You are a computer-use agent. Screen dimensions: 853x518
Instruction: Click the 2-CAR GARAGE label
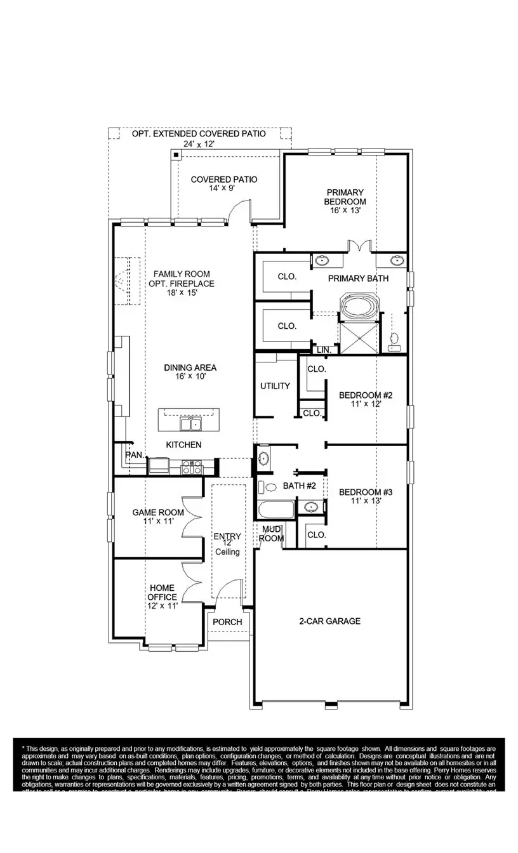click(x=329, y=621)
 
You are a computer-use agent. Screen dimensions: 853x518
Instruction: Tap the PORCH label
click(x=227, y=622)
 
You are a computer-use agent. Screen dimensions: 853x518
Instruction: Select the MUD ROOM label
click(x=271, y=534)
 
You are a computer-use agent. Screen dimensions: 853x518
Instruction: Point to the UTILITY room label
click(x=275, y=386)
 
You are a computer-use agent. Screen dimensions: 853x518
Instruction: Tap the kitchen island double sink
click(x=189, y=423)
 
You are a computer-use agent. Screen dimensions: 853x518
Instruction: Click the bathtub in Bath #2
click(x=276, y=510)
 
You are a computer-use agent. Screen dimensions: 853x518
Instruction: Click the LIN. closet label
click(x=324, y=350)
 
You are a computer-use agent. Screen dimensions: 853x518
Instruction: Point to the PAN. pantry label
click(x=134, y=454)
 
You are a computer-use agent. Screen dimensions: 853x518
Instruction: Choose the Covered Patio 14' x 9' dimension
click(x=224, y=188)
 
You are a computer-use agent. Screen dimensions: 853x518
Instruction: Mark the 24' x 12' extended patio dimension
click(x=198, y=144)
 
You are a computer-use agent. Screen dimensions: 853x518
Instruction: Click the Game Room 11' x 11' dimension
click(x=157, y=521)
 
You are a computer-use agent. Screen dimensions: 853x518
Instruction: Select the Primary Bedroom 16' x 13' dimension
click(x=345, y=210)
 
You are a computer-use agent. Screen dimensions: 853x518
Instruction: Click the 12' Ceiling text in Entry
click(x=227, y=548)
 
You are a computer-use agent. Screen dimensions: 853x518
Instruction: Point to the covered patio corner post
click(x=175, y=155)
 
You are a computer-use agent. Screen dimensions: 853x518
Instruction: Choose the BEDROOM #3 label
click(x=365, y=492)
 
